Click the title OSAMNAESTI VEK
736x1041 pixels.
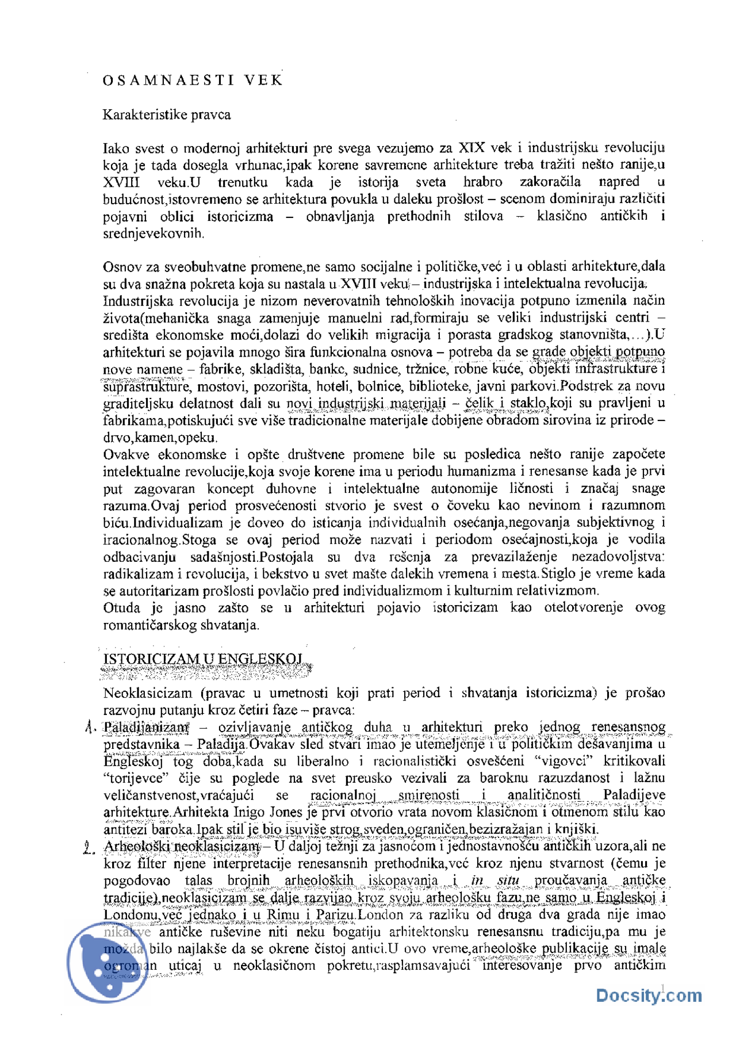click(x=193, y=80)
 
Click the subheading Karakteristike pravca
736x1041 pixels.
click(x=167, y=114)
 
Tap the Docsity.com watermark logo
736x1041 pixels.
click(x=648, y=996)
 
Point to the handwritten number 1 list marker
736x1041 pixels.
click(x=90, y=728)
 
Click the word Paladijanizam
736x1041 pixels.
click(x=146, y=727)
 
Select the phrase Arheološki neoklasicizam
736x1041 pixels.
click(x=181, y=846)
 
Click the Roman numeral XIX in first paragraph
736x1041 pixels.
click(x=472, y=148)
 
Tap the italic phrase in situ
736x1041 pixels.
click(x=495, y=880)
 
